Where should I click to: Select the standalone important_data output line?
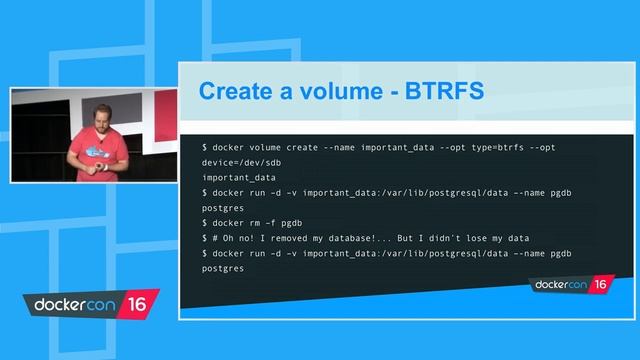[239, 178]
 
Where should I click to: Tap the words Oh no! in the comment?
[241, 237]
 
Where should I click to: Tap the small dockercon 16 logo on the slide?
[569, 285]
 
